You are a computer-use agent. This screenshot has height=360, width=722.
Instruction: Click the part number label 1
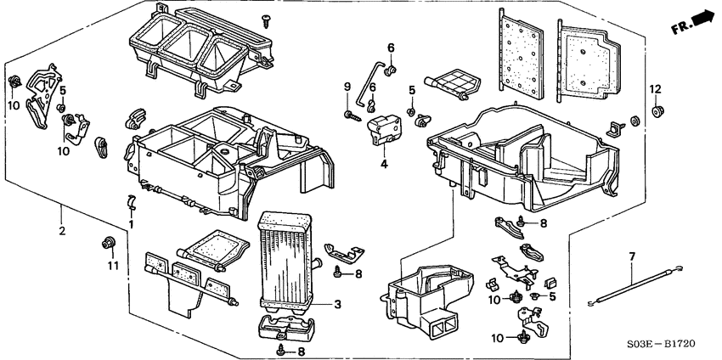point(132,224)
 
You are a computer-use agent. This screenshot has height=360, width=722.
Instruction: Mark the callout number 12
point(655,90)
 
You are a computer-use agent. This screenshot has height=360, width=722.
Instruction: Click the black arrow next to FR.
point(702,16)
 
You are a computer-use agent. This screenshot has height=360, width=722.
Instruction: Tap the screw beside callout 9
point(349,114)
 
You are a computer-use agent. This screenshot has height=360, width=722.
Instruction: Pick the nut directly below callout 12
point(657,110)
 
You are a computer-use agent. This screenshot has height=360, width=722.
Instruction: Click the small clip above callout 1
point(130,201)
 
